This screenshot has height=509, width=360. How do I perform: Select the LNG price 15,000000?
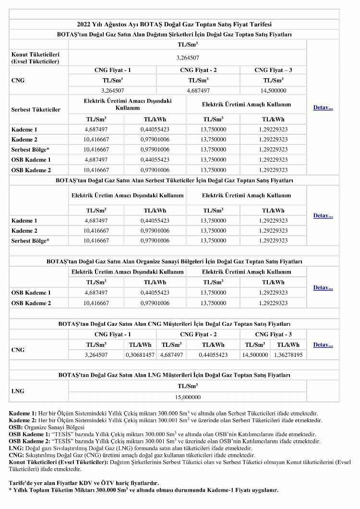coord(187,397)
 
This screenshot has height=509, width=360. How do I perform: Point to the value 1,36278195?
coord(288,355)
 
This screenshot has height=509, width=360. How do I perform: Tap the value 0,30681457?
coord(140,355)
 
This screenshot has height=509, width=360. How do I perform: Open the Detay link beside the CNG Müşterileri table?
coord(323,345)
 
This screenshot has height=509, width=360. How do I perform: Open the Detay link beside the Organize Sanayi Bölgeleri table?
coord(323,288)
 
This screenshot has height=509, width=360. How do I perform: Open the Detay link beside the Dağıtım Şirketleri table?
coord(323,107)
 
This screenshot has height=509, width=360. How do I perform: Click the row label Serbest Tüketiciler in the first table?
coord(36,109)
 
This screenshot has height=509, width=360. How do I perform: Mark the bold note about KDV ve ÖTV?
coord(84,483)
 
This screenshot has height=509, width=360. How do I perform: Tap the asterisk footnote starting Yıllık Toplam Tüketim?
coord(144,490)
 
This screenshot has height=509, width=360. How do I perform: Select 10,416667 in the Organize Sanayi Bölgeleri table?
coord(96,303)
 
